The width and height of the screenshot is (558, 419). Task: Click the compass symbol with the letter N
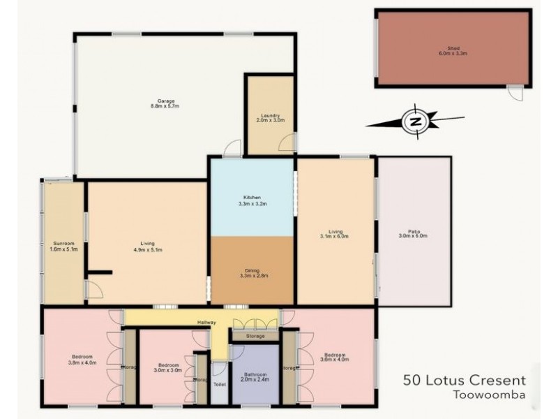click(416, 121)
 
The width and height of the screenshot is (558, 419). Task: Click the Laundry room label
click(270, 118)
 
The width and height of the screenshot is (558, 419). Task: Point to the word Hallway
click(206, 322)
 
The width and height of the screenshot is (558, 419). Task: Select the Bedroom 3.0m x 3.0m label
click(168, 367)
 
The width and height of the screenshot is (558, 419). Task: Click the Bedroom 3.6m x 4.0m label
click(334, 359)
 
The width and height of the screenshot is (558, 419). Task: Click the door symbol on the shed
click(515, 92)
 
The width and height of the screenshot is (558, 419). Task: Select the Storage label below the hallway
click(255, 337)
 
